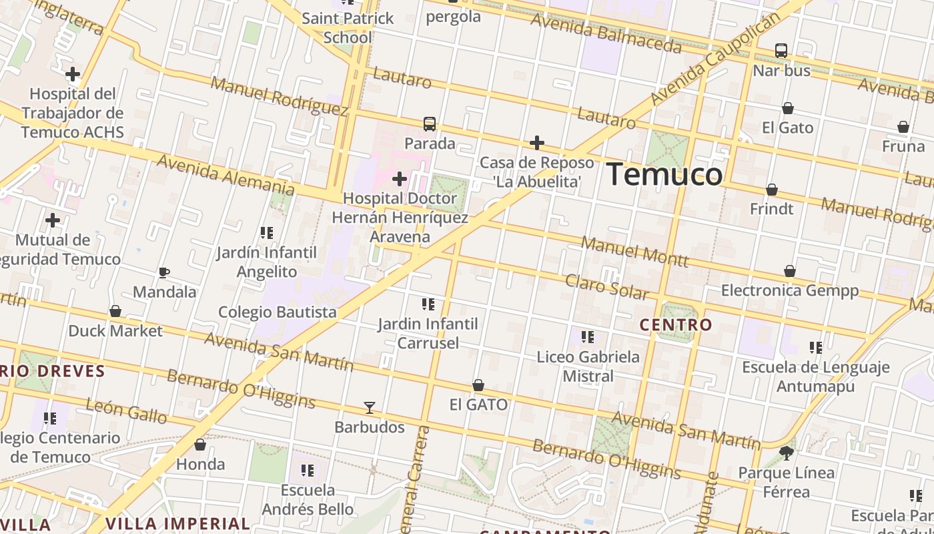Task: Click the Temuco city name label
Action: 664,175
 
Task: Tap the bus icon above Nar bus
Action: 781,51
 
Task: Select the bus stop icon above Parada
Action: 430,124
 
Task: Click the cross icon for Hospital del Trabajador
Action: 73,74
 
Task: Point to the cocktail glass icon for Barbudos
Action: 369,408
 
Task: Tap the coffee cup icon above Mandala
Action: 164,272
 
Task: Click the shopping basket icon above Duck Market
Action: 115,311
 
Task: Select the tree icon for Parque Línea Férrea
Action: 787,453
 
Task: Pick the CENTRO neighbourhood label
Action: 676,325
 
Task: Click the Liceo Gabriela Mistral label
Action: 588,366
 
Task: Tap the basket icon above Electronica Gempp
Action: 789,271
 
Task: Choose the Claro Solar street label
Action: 606,286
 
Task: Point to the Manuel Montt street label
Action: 634,252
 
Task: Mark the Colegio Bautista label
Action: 278,312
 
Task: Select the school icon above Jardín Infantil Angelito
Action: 267,233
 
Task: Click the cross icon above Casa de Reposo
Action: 536,143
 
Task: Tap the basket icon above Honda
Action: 200,445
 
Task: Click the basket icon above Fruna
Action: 903,127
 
